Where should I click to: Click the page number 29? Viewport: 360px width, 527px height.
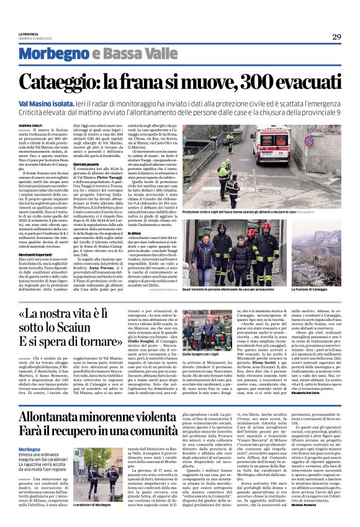(x=336, y=37)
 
